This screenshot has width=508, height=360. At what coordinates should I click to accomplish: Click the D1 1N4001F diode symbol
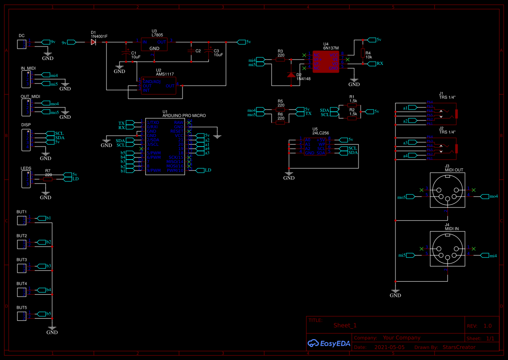click(x=93, y=42)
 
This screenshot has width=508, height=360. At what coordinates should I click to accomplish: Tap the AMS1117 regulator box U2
click(x=158, y=86)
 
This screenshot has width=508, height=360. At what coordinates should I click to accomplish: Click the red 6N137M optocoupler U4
click(x=325, y=61)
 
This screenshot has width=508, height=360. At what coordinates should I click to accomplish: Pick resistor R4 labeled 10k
click(x=362, y=53)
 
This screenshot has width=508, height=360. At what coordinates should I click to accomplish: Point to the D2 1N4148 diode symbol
click(x=291, y=75)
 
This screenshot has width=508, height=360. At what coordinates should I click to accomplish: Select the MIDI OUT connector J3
click(x=447, y=190)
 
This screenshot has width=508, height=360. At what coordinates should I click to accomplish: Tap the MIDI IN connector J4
click(x=447, y=249)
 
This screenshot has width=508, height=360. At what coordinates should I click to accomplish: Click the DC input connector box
click(x=21, y=44)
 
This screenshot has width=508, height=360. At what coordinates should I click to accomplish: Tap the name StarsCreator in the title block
click(x=459, y=347)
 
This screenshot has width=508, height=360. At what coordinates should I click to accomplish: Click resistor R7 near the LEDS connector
click(x=48, y=179)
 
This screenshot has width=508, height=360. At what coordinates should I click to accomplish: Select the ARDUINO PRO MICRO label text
click(x=184, y=116)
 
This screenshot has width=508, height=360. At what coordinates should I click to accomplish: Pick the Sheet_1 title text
click(x=345, y=325)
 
